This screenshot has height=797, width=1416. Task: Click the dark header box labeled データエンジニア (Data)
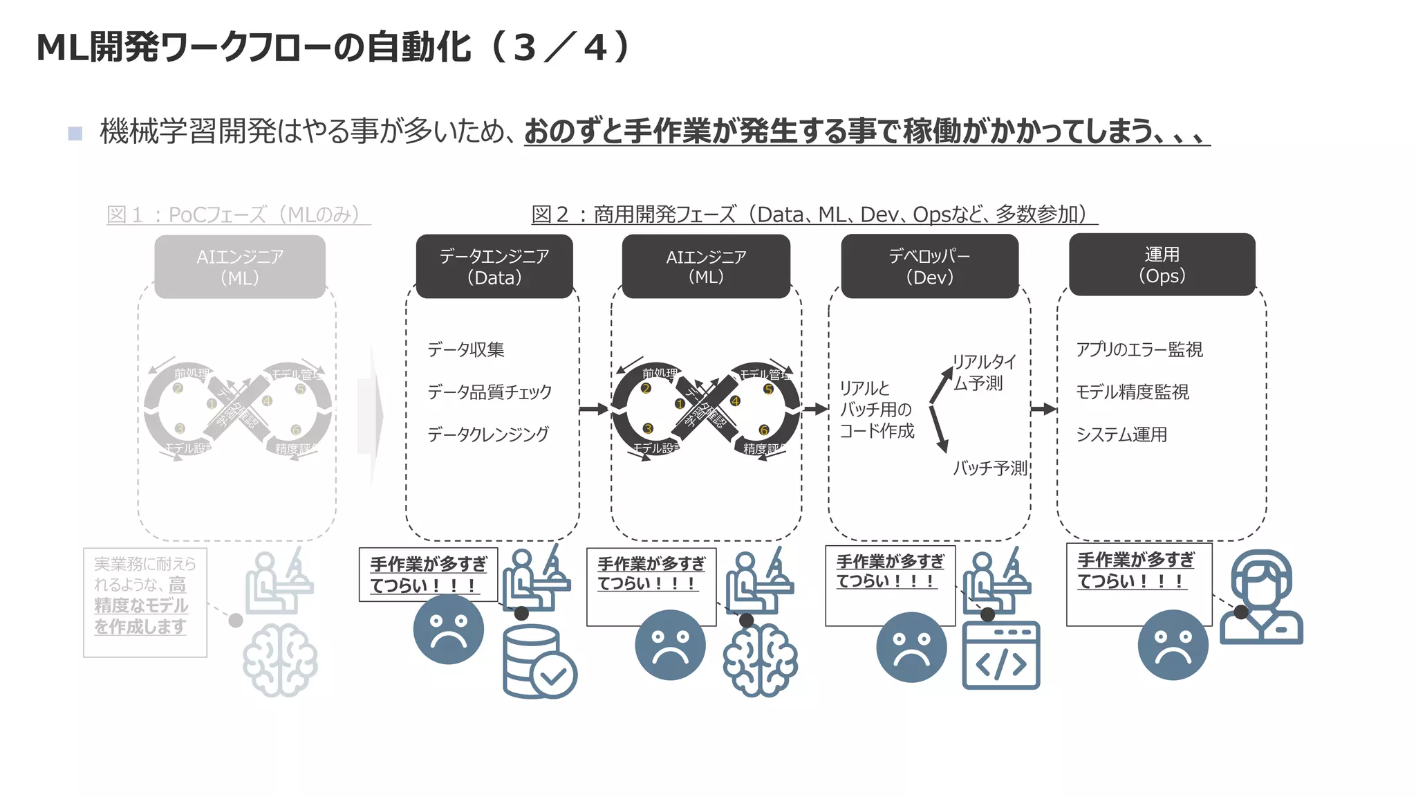pos(494,266)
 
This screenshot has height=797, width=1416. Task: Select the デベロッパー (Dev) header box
pos(929,266)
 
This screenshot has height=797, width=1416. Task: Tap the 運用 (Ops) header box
pos(1162,265)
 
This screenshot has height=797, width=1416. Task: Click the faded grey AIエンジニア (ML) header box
pos(240,267)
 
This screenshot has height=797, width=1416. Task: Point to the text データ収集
pos(466,349)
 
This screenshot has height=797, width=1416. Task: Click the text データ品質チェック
pos(490,392)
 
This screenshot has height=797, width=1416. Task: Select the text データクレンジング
pos(488,434)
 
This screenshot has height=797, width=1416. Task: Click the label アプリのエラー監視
pos(1139,349)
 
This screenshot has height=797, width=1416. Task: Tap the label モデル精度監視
pos(1133,392)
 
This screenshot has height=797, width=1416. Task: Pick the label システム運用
pos(1121,434)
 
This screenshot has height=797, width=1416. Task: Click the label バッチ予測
pos(990,468)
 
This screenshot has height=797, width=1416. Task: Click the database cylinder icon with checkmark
pos(539,662)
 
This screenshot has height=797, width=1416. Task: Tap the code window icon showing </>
pos(1000,655)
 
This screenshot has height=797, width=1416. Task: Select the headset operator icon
pos(1261,597)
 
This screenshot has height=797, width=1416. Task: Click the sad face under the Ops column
pos(1173,645)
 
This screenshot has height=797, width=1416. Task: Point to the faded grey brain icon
pos(280,659)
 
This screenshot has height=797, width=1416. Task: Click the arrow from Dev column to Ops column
pos(1043,409)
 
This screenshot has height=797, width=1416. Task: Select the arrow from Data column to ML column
pos(593,409)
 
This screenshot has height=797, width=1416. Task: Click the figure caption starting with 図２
pos(814,214)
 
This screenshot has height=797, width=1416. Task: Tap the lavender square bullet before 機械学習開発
pos(75,133)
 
